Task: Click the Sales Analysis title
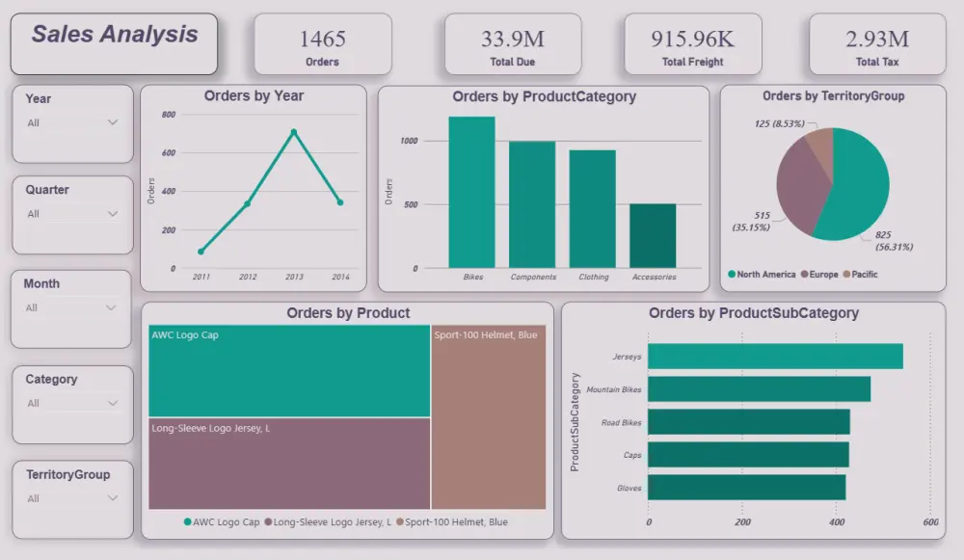(115, 35)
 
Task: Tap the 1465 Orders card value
(322, 39)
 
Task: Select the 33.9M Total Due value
(512, 39)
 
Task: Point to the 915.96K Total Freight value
(692, 39)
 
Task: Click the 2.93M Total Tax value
(877, 39)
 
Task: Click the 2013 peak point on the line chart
(294, 132)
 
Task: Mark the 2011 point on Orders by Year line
(201, 252)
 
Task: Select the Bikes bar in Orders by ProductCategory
(471, 193)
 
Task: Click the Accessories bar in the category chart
(653, 236)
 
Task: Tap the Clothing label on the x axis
(594, 277)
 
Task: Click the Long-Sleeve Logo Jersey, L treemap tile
(289, 463)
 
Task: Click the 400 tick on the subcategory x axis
(836, 522)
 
